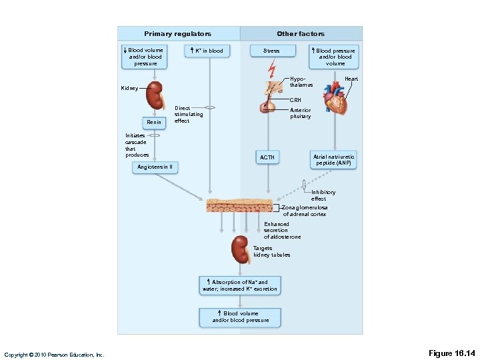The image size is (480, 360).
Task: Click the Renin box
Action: tap(154, 123)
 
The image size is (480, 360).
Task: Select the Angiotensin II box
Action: tap(155, 167)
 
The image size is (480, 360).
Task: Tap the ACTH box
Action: tap(267, 157)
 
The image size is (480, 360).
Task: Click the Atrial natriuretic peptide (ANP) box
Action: tap(333, 160)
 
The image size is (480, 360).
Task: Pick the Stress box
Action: tap(273, 51)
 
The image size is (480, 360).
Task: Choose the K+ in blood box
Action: tap(207, 51)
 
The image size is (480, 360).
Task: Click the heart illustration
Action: tap(335, 97)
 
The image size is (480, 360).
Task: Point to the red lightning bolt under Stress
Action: tap(271, 69)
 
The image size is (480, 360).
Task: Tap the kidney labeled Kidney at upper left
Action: tap(155, 96)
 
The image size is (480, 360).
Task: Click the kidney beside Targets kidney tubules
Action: tap(241, 250)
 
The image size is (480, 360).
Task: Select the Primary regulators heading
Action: tap(177, 34)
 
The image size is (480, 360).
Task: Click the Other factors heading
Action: tap(301, 34)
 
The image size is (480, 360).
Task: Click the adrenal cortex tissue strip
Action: tap(239, 205)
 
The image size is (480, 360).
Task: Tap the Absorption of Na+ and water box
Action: tap(240, 285)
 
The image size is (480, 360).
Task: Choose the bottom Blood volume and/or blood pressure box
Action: tap(240, 317)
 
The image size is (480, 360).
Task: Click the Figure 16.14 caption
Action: tap(451, 353)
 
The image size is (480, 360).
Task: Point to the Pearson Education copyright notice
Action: tap(54, 355)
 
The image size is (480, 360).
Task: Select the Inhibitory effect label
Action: tap(323, 195)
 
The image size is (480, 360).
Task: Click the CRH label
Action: tap(295, 100)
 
